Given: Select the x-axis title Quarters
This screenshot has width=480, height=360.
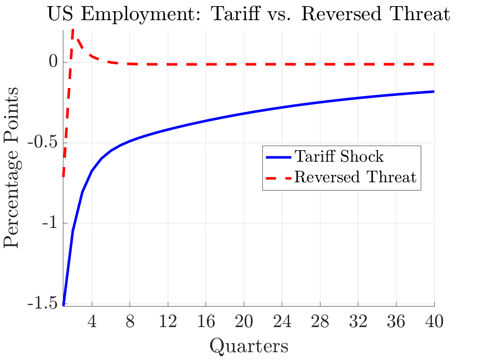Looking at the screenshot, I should tap(249, 346).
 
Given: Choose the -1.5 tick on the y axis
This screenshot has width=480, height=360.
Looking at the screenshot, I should tap(42, 304).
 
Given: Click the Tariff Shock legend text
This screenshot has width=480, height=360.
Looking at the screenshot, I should tap(339, 157).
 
